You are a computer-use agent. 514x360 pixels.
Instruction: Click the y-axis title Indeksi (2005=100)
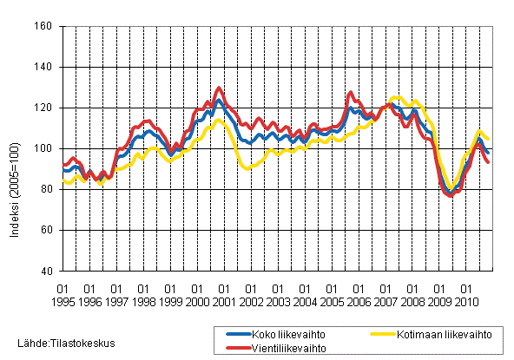(x=13, y=148)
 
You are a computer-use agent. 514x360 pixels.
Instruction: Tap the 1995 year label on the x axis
(x=63, y=301)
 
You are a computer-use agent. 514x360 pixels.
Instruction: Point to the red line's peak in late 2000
(x=219, y=88)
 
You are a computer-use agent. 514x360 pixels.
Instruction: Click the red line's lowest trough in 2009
(x=450, y=195)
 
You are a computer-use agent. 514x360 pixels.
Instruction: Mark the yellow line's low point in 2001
(x=247, y=168)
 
